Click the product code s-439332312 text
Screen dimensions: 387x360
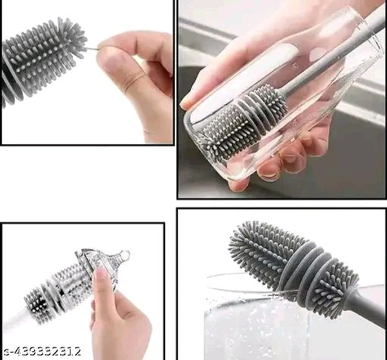tap(43, 351)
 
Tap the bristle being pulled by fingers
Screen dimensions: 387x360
tap(92, 48)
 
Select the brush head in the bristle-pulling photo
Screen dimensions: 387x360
tap(42, 59)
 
